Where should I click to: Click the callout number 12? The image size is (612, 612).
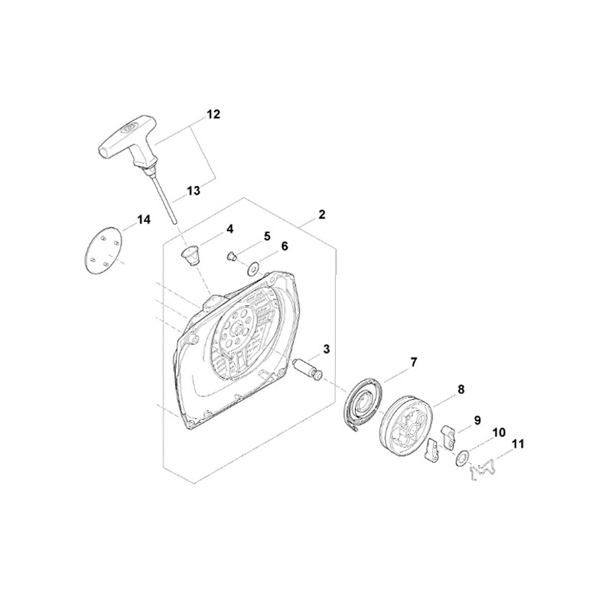coord(213,114)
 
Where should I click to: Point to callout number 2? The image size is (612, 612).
coord(321,215)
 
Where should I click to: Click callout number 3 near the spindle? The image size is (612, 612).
coord(327,349)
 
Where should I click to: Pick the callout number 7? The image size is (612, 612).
coord(413,362)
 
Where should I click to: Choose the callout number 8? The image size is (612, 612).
coord(460,389)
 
